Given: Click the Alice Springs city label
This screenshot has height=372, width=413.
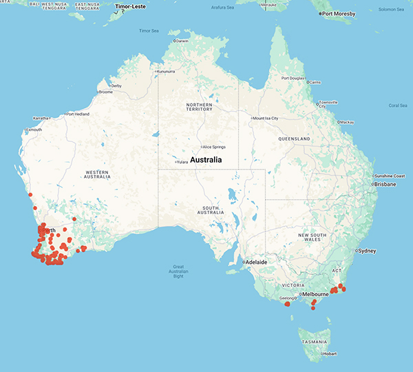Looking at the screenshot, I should coord(218,147).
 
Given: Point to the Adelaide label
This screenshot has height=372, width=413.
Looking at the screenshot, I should coord(257,262).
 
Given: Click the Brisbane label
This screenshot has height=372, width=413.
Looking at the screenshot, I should coord(386,184).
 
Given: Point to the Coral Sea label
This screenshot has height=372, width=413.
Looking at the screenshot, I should coord(398,105).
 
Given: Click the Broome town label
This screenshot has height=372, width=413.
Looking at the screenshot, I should coord(106,92).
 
